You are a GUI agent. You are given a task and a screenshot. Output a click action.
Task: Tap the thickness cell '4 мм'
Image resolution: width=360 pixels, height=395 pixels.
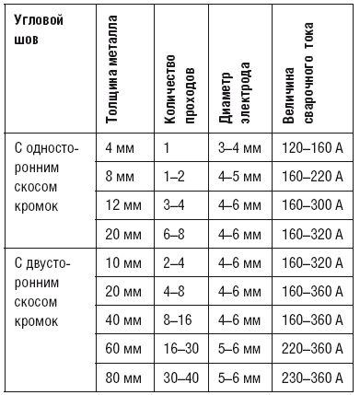(120, 147)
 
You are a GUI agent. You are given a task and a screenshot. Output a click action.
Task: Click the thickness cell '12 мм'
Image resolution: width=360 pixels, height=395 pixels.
(122, 205)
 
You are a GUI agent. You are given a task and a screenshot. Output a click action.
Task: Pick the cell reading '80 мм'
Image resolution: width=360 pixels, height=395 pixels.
(122, 377)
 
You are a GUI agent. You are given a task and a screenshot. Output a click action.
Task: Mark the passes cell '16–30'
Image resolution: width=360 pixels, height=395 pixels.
(180, 349)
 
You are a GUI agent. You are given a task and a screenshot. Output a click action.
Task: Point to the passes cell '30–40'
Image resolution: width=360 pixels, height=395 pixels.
(181, 377)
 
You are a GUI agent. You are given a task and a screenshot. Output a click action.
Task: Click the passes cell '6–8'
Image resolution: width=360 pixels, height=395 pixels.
(175, 234)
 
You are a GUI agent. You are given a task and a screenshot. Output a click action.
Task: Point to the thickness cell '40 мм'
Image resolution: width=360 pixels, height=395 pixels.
(122, 320)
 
